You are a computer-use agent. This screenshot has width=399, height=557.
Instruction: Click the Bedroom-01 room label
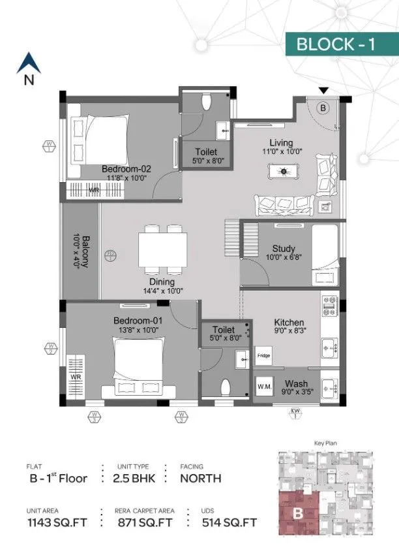tap(138, 321)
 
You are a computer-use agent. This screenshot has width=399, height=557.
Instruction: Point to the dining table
tap(162, 251)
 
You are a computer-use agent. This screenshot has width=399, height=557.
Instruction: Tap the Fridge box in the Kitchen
tap(263, 356)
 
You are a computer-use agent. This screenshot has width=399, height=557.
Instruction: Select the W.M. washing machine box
tap(264, 385)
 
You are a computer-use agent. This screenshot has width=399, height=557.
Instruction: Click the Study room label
tap(284, 249)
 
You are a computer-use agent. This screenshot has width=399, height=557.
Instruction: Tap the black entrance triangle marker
tap(323, 91)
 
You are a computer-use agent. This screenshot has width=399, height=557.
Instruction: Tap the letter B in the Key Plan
tap(297, 513)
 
